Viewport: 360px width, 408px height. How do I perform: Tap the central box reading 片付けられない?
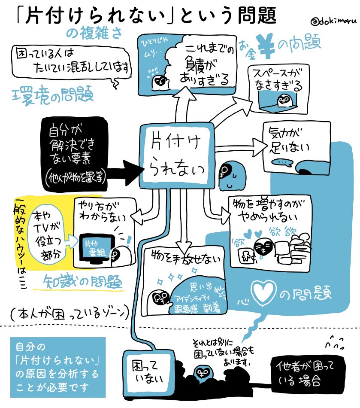pos(177,156)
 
